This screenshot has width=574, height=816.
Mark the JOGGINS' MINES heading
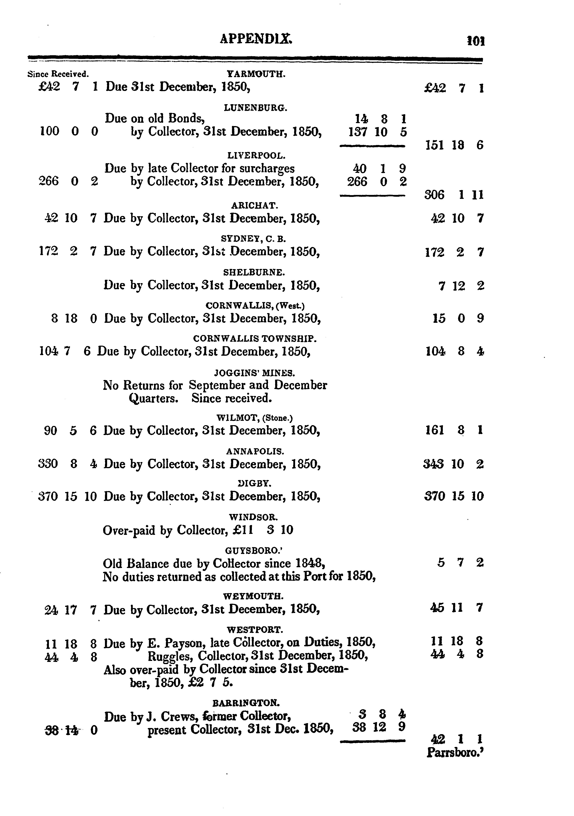(x=254, y=373)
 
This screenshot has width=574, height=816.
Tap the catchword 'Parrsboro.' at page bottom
(x=455, y=753)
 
